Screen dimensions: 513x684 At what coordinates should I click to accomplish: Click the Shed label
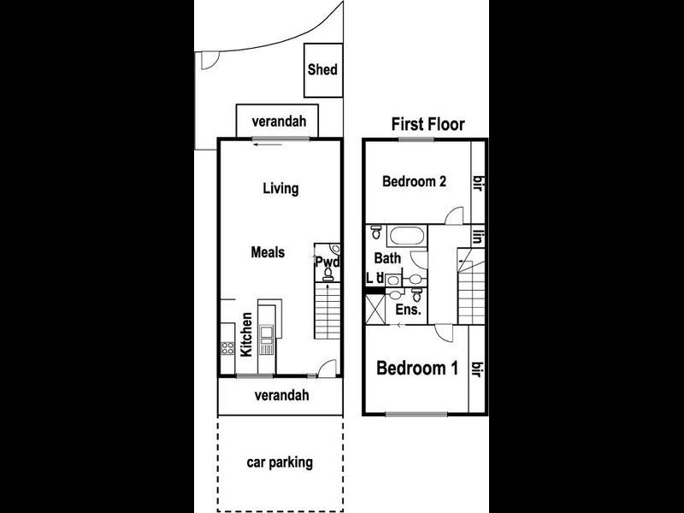tap(322, 70)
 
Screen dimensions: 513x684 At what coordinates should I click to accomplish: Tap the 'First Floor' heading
tap(427, 124)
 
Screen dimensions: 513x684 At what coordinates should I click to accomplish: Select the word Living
tap(280, 188)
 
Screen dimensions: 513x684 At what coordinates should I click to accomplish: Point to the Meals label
tap(268, 252)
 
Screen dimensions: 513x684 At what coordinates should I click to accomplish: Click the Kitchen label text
tap(246, 334)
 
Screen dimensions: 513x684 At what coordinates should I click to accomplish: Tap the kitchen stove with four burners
tap(228, 348)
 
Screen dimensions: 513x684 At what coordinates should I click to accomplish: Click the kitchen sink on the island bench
tap(266, 332)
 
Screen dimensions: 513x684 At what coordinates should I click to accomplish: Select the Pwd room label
tap(327, 262)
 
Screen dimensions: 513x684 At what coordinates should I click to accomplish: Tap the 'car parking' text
tap(280, 463)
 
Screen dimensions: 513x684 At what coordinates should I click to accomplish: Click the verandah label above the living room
tap(279, 121)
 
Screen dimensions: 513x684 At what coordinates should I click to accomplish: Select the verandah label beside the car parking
tap(280, 395)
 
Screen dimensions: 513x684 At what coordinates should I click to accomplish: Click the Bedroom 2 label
tap(415, 181)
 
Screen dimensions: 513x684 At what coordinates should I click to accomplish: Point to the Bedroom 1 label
tap(417, 369)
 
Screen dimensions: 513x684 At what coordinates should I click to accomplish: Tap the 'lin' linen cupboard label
tap(479, 237)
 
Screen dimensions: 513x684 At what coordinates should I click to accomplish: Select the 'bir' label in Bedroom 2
tap(479, 181)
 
